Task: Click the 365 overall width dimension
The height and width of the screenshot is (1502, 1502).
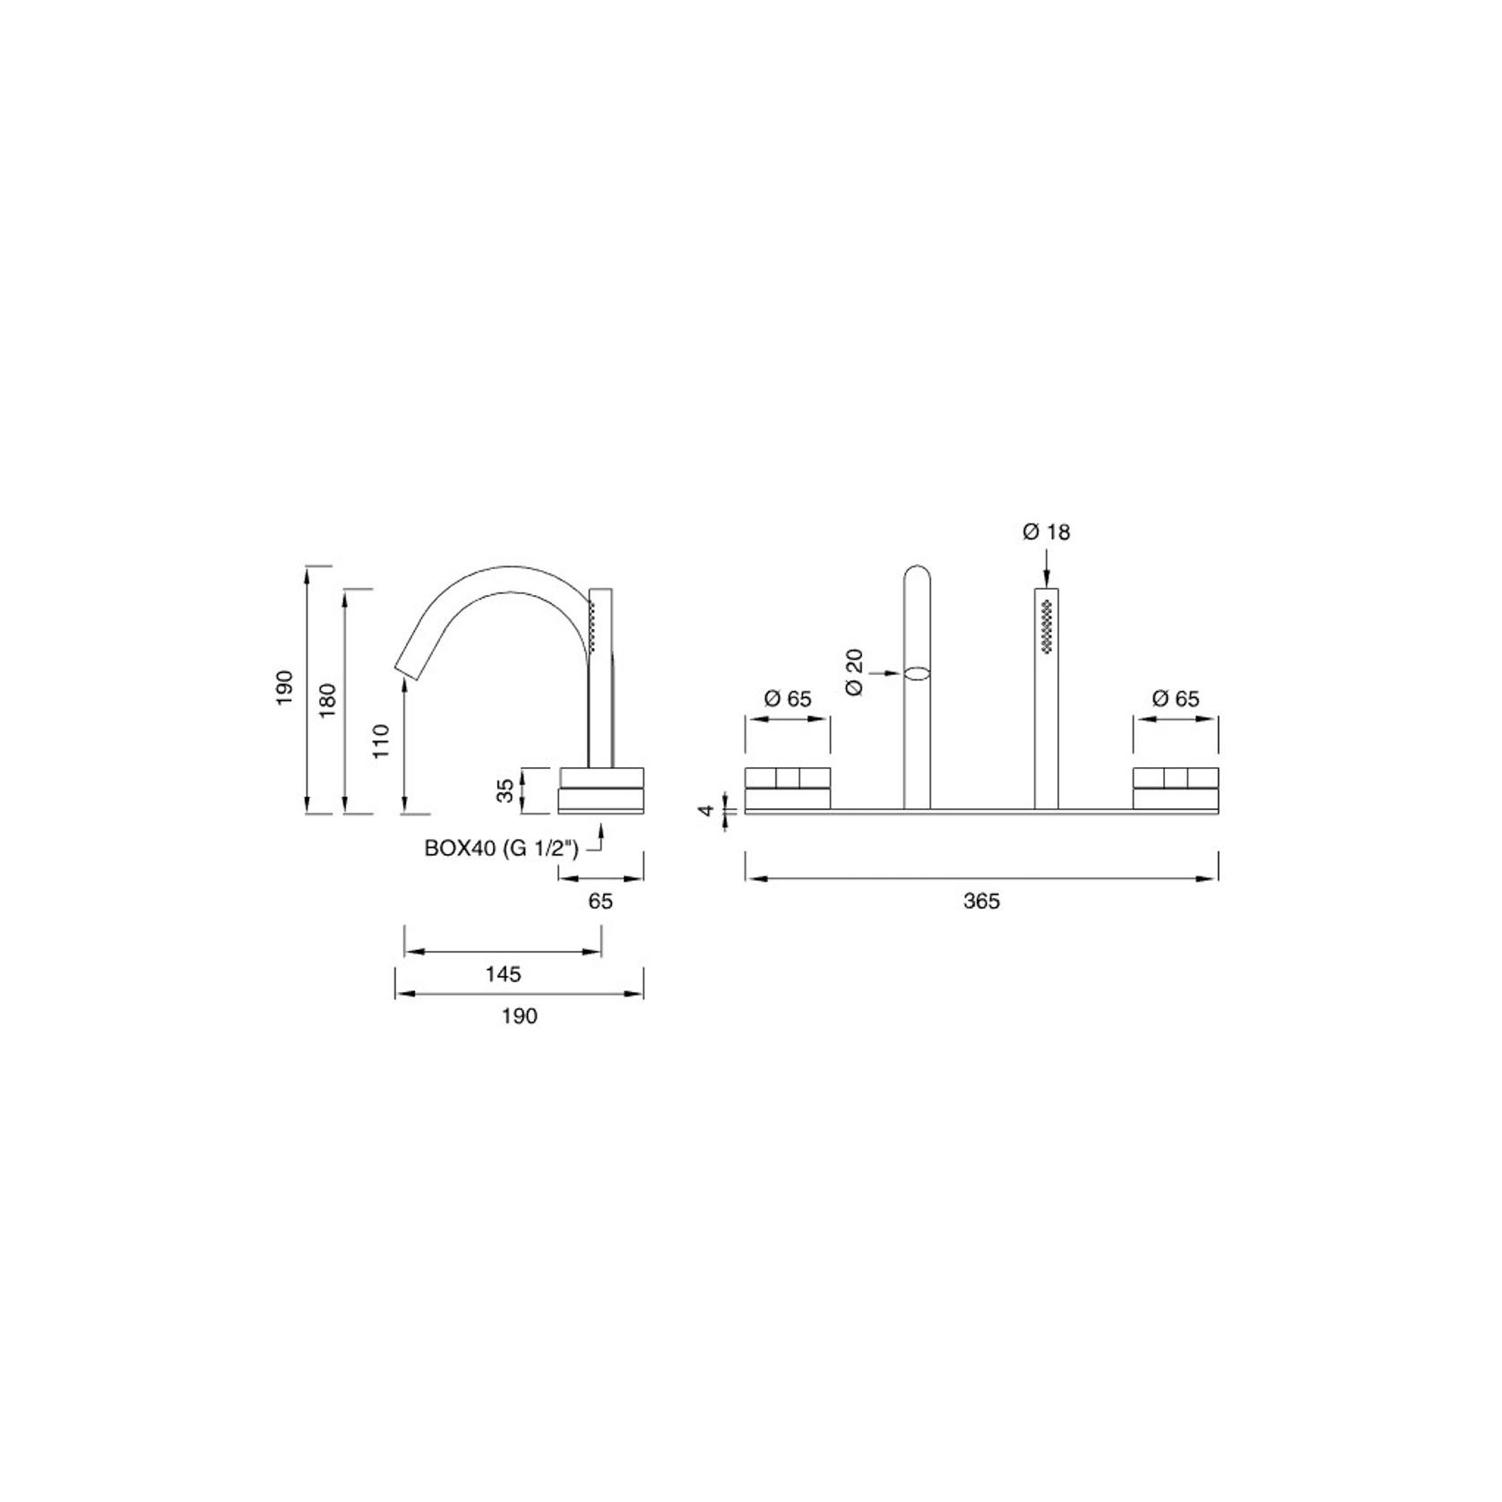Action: tap(981, 902)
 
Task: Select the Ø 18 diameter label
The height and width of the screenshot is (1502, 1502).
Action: tap(1046, 532)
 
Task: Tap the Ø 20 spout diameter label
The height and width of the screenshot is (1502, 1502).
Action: tap(854, 672)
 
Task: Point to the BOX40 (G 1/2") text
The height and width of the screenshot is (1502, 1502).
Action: tap(502, 849)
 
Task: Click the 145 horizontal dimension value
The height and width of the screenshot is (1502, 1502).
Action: tap(503, 973)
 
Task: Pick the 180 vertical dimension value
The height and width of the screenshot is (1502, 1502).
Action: tap(328, 699)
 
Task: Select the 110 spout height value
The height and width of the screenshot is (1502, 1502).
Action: tap(383, 741)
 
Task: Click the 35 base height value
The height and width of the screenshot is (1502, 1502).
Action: tap(506, 790)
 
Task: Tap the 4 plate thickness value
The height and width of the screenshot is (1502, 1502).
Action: tap(708, 810)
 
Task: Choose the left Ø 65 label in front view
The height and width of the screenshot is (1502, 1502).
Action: tap(787, 699)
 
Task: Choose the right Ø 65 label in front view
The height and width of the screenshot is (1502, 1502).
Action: tap(1175, 699)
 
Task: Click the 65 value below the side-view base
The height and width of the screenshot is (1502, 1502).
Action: tap(600, 902)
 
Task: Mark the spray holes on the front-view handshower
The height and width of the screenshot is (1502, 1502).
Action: tap(1046, 627)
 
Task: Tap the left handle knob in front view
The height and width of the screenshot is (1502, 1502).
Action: tap(788, 789)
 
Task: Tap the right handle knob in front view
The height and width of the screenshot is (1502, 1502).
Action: tap(1175, 789)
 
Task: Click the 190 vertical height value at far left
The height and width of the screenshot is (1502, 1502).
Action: tap(285, 687)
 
